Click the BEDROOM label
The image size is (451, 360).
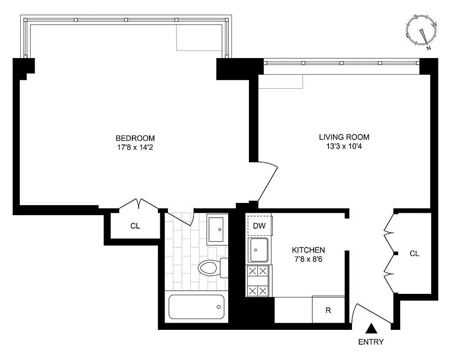coord(135,138)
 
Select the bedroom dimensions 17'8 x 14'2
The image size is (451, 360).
coord(135,147)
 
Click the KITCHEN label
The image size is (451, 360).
coord(308,250)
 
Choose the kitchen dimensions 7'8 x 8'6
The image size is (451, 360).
coord(308,259)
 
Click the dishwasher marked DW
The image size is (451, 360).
coord(259,226)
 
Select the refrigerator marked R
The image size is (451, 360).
coord(328,310)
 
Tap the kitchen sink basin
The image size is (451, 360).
coord(258,250)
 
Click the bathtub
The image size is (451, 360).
coord(196,307)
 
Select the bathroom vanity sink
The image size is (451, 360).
coord(217,229)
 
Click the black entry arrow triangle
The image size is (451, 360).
coord(371,328)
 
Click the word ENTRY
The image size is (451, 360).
coord(371,342)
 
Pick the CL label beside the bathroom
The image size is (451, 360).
coord(135,226)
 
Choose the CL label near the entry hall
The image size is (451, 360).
coord(414,254)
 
